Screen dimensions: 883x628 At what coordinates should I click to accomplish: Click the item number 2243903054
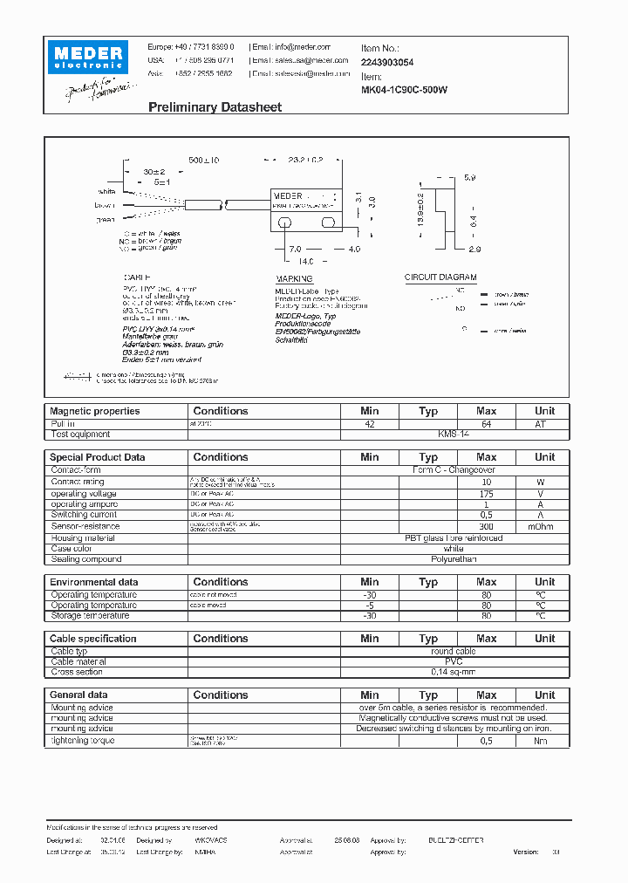tap(387, 63)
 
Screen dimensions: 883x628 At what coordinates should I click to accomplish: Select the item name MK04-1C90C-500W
tap(404, 89)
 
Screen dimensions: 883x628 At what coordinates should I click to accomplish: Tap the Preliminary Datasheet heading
tap(215, 107)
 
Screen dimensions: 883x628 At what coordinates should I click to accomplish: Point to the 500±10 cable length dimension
tap(204, 161)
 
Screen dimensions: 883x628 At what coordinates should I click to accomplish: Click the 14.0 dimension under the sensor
tap(305, 261)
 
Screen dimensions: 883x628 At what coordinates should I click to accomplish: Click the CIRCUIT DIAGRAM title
tap(440, 277)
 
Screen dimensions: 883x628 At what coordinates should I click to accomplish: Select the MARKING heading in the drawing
tap(293, 280)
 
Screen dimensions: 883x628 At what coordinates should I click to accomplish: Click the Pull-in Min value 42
tap(370, 423)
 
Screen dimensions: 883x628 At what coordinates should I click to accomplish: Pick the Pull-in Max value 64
tap(487, 423)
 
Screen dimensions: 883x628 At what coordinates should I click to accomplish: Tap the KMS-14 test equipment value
tap(454, 434)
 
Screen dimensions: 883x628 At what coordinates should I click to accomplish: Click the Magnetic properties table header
tap(94, 411)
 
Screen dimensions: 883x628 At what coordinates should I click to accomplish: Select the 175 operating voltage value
tap(487, 494)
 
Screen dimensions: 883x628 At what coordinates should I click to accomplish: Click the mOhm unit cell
tap(544, 526)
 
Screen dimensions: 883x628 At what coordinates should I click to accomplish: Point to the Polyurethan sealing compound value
tap(454, 559)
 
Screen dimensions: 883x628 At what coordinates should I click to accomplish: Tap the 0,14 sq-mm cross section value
tap(454, 673)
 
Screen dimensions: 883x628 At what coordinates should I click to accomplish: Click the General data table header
tap(79, 695)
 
